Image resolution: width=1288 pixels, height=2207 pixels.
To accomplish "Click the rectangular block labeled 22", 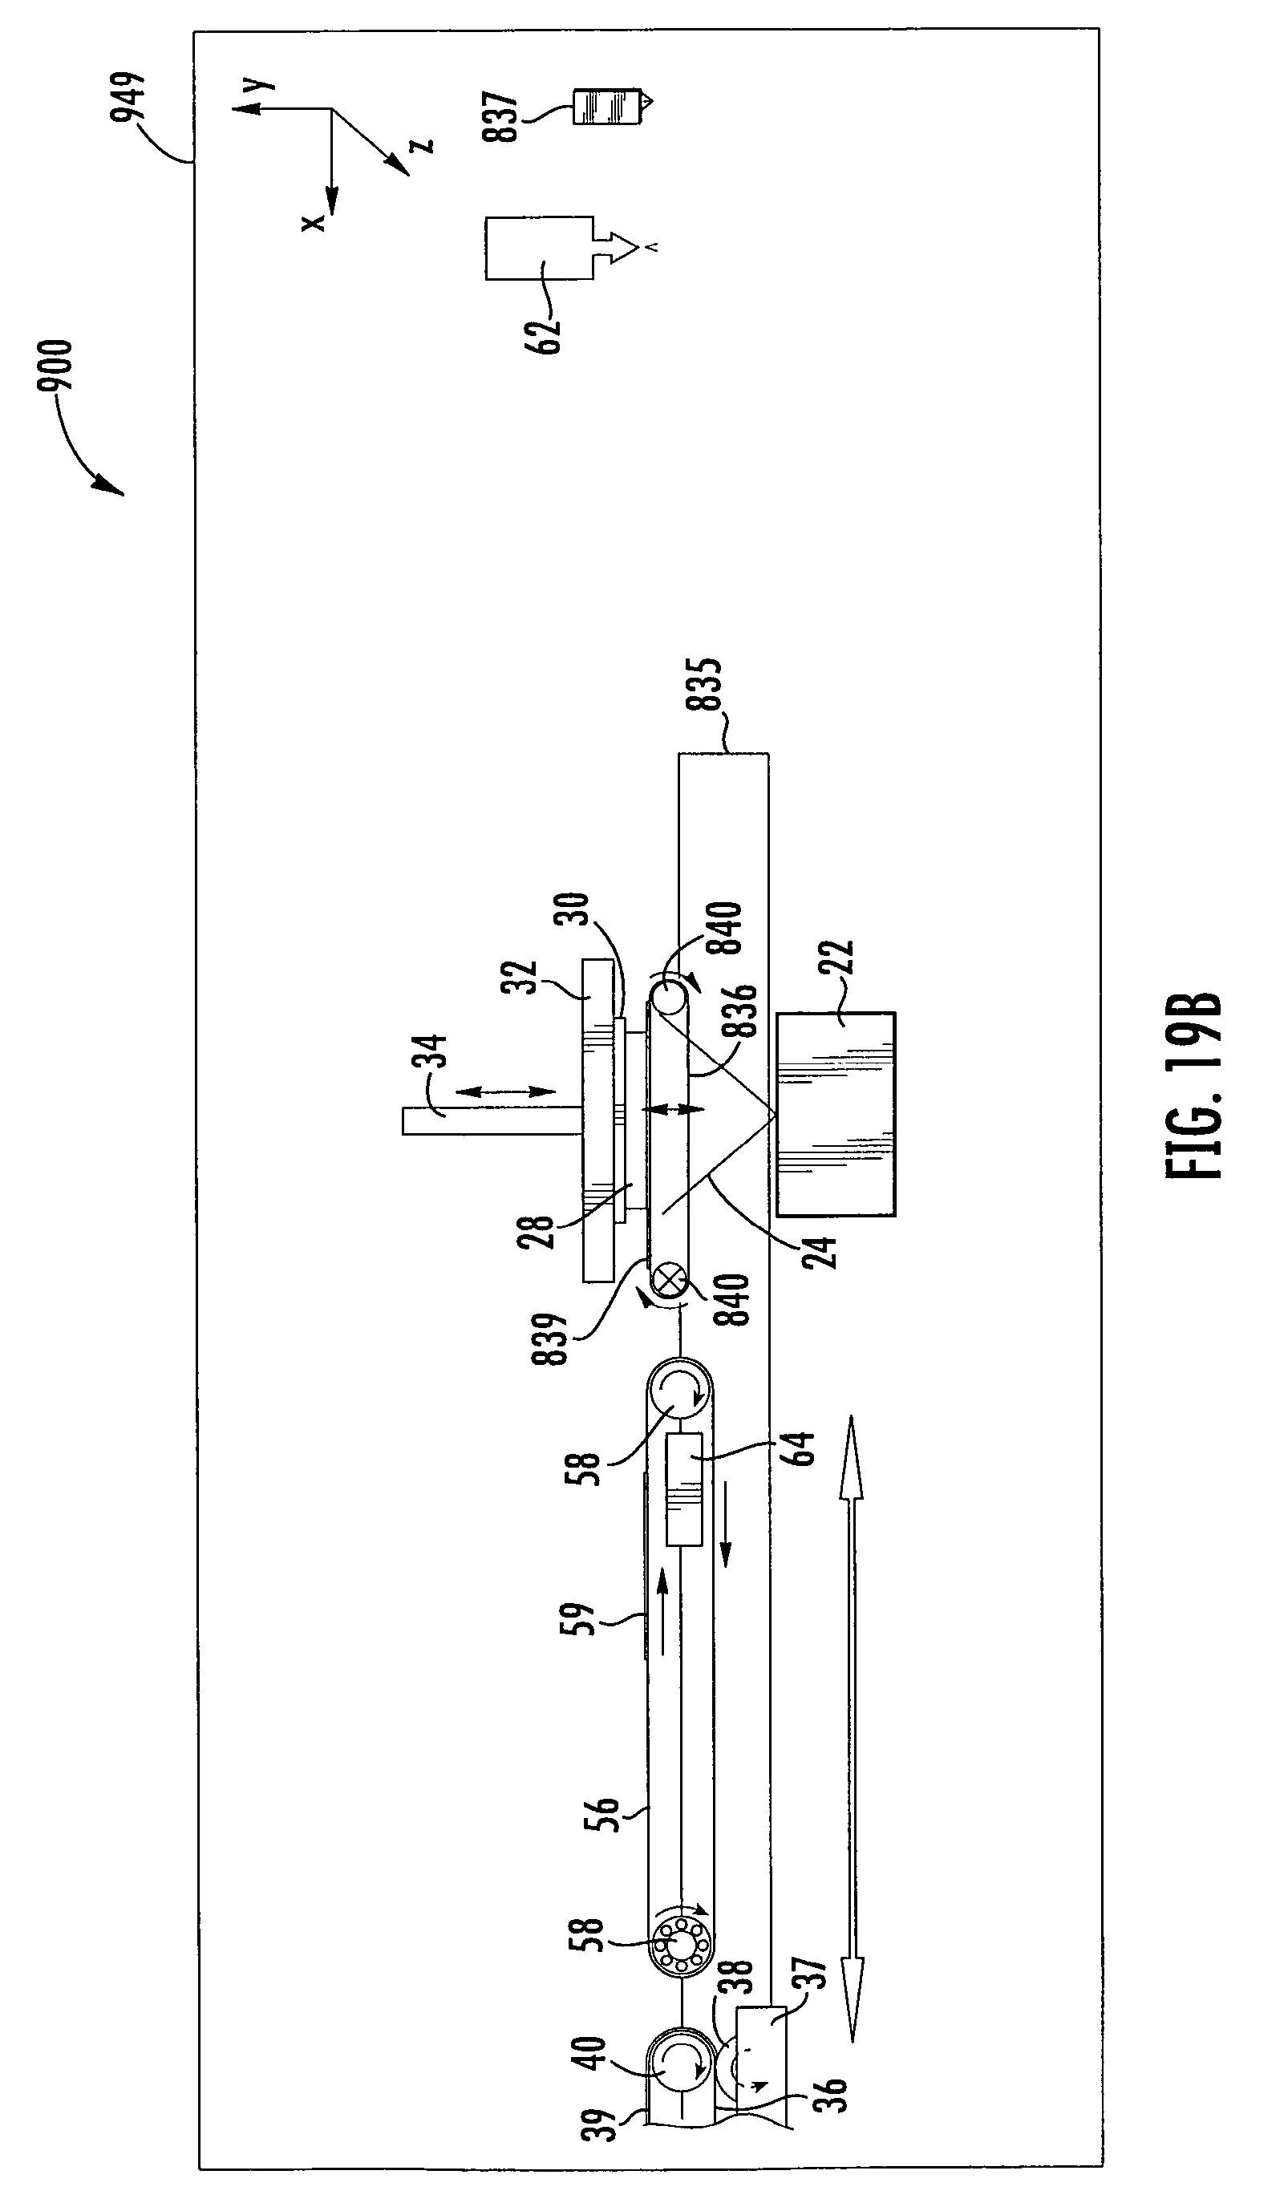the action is [836, 1113].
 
